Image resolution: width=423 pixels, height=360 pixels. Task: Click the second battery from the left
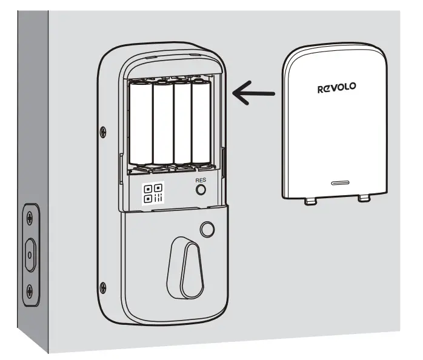162,124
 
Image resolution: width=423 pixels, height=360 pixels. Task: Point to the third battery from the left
182,124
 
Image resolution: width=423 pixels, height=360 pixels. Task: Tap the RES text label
201,180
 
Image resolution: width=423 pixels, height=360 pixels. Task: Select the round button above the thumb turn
207,230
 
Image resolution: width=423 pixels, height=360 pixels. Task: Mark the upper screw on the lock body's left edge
102,130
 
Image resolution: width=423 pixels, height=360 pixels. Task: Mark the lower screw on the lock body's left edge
103,287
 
